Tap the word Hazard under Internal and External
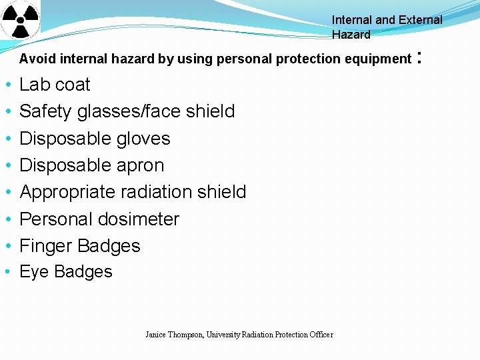point(351,35)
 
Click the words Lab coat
point(55,85)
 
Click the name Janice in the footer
point(157,335)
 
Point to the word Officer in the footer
point(321,335)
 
